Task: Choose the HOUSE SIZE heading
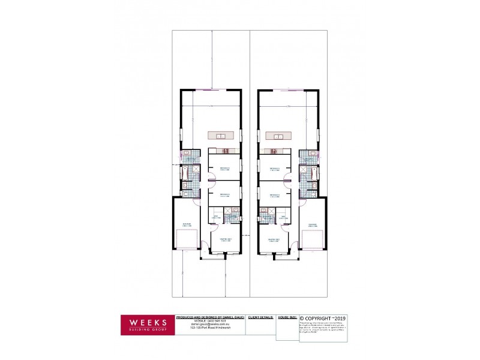pos(286,316)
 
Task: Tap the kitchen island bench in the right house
pos(278,135)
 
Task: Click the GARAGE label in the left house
pos(187,225)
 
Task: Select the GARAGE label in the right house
pos(312,225)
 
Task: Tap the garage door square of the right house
pos(313,240)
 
